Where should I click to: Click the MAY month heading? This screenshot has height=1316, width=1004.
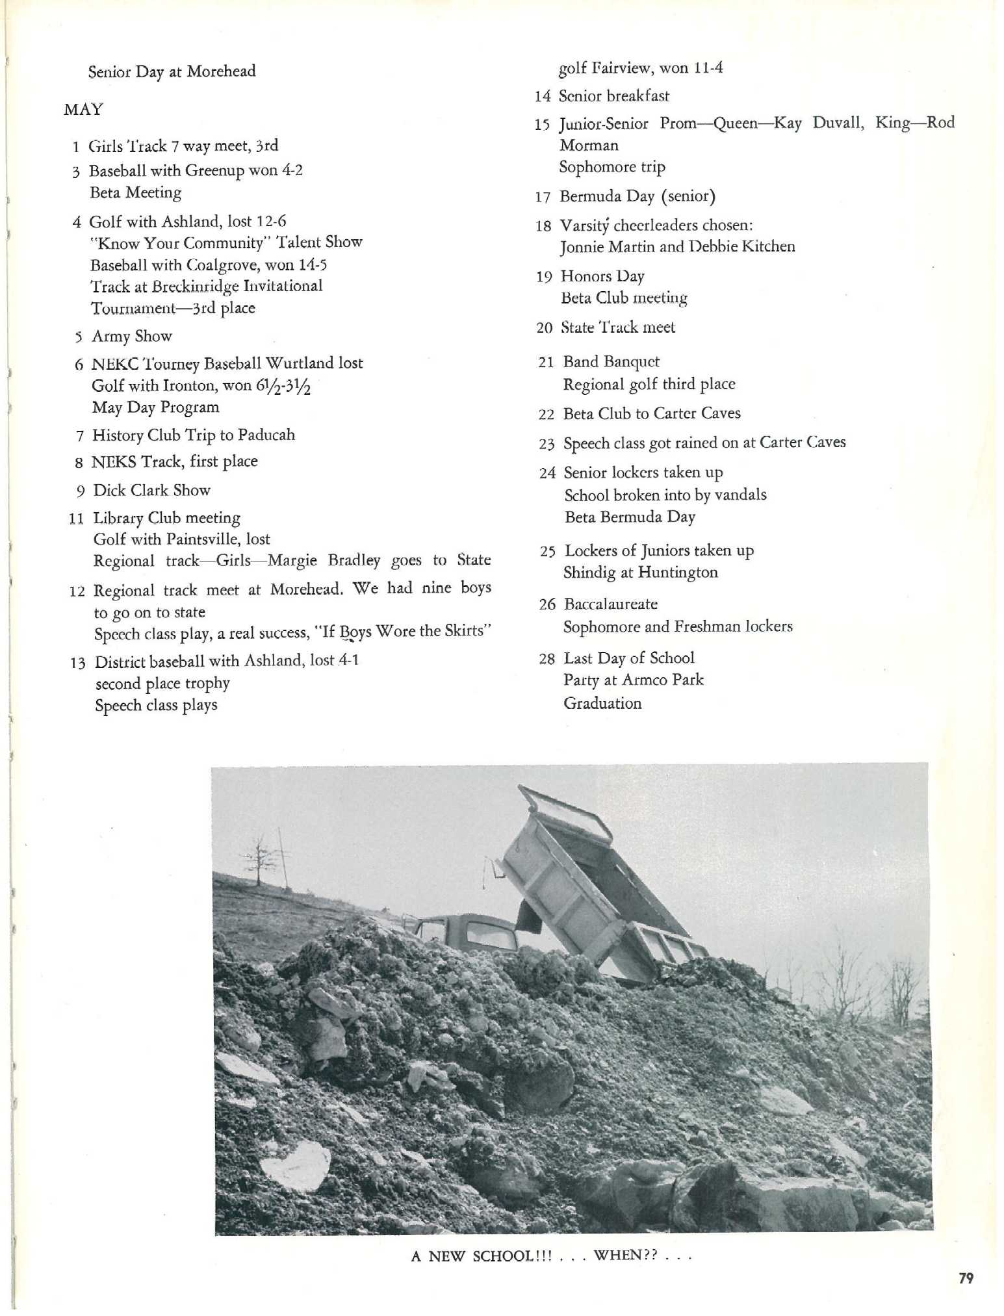[x=83, y=109]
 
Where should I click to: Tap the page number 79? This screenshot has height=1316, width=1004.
[x=966, y=1278]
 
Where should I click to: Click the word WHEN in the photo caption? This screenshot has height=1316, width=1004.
[x=617, y=1254]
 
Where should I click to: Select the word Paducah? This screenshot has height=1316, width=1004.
[x=266, y=435]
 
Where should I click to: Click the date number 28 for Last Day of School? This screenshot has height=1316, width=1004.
[x=547, y=659]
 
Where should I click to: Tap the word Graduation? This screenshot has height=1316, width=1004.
[x=602, y=703]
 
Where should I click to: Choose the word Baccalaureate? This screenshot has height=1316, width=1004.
[x=611, y=604]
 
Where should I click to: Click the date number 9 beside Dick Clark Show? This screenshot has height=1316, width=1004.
[x=81, y=491]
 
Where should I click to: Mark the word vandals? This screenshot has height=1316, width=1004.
[x=740, y=495]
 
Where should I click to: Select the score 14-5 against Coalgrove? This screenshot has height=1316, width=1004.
[x=313, y=265]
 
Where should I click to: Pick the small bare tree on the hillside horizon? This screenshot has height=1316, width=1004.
[x=259, y=856]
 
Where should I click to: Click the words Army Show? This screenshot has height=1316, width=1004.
[x=132, y=336]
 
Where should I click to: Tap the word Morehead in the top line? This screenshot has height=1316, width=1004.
[x=221, y=71]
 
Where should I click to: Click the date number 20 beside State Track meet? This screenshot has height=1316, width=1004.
[x=544, y=328]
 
